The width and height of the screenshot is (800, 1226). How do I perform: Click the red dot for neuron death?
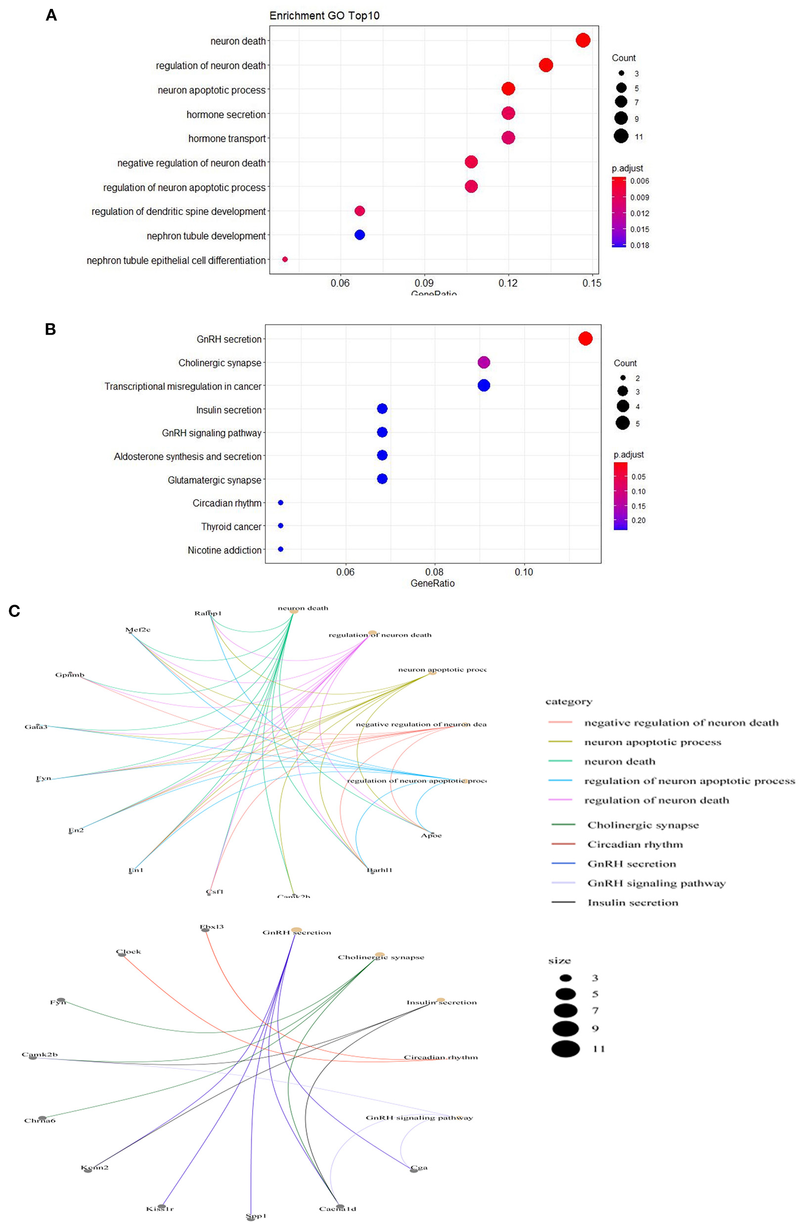click(582, 40)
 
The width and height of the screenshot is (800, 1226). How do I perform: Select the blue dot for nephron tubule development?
click(359, 235)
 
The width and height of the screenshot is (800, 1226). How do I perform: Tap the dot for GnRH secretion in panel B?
click(585, 339)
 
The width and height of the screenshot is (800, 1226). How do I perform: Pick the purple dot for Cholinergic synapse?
click(483, 362)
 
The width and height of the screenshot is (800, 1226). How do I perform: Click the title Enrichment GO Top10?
click(324, 15)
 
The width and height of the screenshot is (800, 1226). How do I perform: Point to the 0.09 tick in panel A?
click(424, 283)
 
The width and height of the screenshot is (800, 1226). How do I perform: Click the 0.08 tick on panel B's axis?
click(434, 572)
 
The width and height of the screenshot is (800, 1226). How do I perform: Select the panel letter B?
click(50, 329)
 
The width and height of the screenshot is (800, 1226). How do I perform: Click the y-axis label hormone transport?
click(226, 138)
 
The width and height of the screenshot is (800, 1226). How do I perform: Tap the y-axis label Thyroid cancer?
click(231, 526)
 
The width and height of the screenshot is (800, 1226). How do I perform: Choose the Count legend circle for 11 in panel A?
click(621, 136)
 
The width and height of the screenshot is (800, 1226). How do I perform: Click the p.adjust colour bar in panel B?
click(620, 496)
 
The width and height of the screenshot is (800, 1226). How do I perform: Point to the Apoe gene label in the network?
click(431, 835)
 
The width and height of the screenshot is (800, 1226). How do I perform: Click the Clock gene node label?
click(128, 952)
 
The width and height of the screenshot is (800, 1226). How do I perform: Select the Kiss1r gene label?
click(160, 1209)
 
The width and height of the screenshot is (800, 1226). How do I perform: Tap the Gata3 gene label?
click(36, 727)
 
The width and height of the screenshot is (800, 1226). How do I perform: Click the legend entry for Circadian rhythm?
click(635, 844)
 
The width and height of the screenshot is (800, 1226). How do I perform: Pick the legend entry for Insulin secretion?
click(632, 903)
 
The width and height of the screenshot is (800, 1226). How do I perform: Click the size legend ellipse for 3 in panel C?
click(566, 978)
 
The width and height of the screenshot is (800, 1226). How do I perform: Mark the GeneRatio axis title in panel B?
click(432, 583)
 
